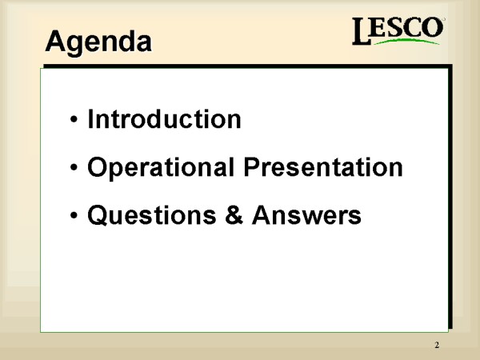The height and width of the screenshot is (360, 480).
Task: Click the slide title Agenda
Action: pyautogui.click(x=98, y=42)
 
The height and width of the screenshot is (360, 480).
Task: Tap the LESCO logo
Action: pyautogui.click(x=398, y=30)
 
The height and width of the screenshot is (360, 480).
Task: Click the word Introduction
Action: pyautogui.click(x=164, y=118)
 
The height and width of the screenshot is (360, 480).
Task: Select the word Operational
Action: pyautogui.click(x=161, y=167)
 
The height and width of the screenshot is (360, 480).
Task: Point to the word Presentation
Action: pyautogui.click(x=323, y=167)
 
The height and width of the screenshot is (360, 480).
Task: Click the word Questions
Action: pyautogui.click(x=152, y=215)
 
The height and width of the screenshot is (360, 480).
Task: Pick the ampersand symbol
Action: pyautogui.click(x=234, y=214)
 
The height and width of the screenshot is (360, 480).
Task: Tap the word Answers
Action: pyautogui.click(x=306, y=215)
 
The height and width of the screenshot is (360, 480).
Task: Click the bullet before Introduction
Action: pyautogui.click(x=74, y=119)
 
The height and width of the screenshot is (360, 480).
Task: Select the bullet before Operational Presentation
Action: pyautogui.click(x=74, y=167)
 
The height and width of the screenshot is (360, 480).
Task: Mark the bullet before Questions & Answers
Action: pyautogui.click(x=74, y=215)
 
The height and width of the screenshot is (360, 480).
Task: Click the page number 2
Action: pyautogui.click(x=437, y=345)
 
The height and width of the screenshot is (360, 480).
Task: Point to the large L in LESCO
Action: pyautogui.click(x=362, y=30)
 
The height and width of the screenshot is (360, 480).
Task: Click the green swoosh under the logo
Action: pyautogui.click(x=406, y=41)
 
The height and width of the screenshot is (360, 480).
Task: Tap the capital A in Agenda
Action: pyautogui.click(x=56, y=41)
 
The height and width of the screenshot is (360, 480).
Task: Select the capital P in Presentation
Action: pyautogui.click(x=253, y=167)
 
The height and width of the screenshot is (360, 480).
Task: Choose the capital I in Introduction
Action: pyautogui.click(x=90, y=118)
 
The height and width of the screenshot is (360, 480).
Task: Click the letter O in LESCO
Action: pyautogui.click(x=432, y=27)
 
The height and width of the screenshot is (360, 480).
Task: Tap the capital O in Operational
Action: pyautogui.click(x=98, y=167)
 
